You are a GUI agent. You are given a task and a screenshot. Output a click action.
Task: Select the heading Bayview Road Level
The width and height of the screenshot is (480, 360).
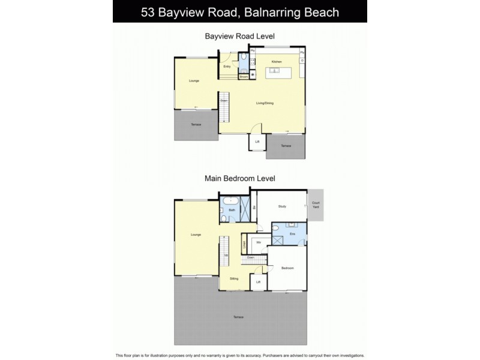click(x=240, y=36)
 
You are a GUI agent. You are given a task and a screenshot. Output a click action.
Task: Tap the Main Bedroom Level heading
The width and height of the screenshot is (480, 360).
click(x=240, y=178)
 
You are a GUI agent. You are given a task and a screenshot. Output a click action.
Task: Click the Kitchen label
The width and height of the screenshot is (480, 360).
click(x=277, y=62)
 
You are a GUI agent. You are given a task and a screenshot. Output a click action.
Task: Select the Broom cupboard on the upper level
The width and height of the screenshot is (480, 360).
click(x=244, y=77)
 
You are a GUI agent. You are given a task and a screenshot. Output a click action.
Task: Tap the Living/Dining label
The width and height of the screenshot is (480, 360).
click(x=265, y=103)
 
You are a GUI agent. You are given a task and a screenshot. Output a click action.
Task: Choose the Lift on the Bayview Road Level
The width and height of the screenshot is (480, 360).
click(x=257, y=142)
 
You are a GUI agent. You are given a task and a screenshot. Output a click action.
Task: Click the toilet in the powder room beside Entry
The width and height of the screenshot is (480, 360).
click(x=243, y=59)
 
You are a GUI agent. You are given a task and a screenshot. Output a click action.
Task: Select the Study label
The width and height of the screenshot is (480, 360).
click(x=282, y=206)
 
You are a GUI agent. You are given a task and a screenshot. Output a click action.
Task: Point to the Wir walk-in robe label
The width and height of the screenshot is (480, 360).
click(x=259, y=242)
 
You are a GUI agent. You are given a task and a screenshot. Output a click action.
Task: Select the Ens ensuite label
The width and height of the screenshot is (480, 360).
click(x=292, y=233)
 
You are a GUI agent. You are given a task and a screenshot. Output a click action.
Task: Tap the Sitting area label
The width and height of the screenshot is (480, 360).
click(x=233, y=279)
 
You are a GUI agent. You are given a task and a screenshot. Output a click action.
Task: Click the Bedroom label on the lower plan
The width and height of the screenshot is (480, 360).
click(x=287, y=268)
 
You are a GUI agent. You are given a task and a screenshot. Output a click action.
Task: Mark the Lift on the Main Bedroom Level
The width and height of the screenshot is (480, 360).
click(x=258, y=282)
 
